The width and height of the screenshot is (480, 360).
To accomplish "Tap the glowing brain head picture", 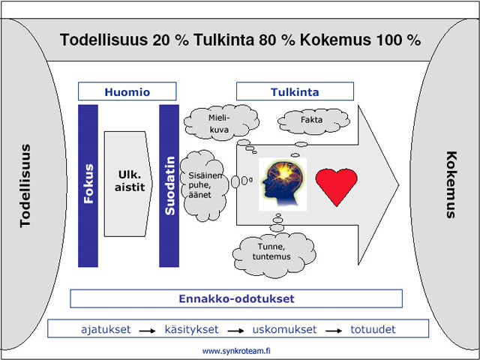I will click(x=283, y=184).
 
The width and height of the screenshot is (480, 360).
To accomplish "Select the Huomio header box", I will click(x=127, y=91).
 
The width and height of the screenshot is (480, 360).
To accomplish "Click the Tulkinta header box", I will click(x=295, y=91).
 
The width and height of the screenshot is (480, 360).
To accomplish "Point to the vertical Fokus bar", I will click(x=88, y=185).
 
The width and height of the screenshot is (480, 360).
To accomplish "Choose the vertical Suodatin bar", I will click(x=169, y=185).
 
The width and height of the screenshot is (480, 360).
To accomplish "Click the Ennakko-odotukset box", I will click(x=236, y=298).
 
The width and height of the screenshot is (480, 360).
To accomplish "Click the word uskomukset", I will click(x=283, y=329).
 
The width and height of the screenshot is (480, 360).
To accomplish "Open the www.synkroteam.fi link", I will click(x=236, y=350).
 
